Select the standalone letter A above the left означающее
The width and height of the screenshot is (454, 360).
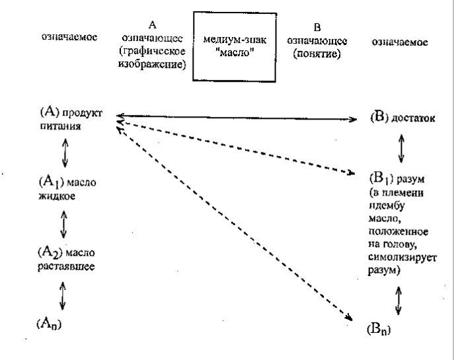coord(153,24)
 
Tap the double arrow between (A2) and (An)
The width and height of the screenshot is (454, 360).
coord(61,294)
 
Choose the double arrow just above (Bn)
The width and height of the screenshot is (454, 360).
coord(397,301)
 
